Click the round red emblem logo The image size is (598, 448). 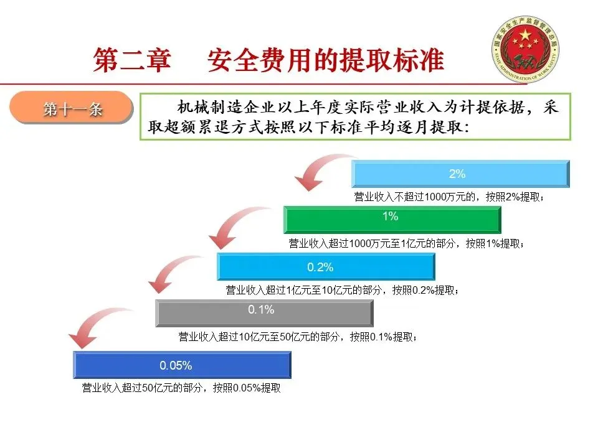pos(525,49)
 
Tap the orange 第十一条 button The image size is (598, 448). pos(72,108)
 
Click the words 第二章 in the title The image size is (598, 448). pos(132,60)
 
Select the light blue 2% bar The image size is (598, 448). pos(460,174)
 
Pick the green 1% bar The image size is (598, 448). pos(392,220)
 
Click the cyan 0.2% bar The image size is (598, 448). pos(326,267)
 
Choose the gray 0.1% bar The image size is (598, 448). pos(264,313)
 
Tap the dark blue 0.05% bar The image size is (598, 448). pos(183,365)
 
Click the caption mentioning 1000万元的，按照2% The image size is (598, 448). pos(449,197)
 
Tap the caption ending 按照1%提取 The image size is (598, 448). pos(406,243)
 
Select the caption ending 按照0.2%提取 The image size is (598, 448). pos(342,291)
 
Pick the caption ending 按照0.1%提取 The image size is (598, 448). pos(298,337)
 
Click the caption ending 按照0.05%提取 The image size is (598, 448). pos(181,388)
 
